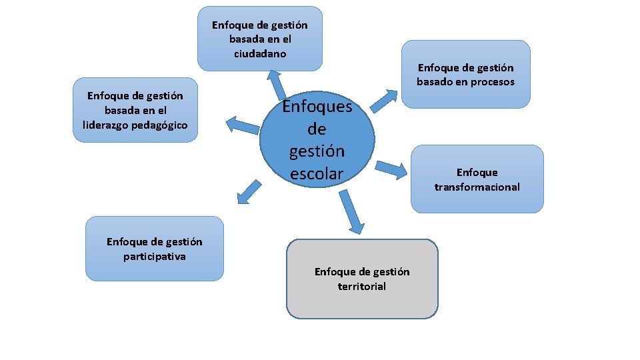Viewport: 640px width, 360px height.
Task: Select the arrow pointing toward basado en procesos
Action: pyautogui.click(x=381, y=100)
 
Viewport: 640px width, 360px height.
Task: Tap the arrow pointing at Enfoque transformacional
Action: pyautogui.click(x=391, y=169)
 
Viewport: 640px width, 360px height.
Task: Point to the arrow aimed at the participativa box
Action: pyautogui.click(x=249, y=191)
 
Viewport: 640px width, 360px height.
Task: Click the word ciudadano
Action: pyautogui.click(x=260, y=53)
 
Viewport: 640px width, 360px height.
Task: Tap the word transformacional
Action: pyautogui.click(x=477, y=187)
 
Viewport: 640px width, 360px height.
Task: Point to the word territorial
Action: pyautogui.click(x=362, y=286)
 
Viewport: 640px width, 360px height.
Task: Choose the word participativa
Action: pyautogui.click(x=155, y=256)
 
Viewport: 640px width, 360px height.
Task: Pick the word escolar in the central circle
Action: pyautogui.click(x=317, y=173)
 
